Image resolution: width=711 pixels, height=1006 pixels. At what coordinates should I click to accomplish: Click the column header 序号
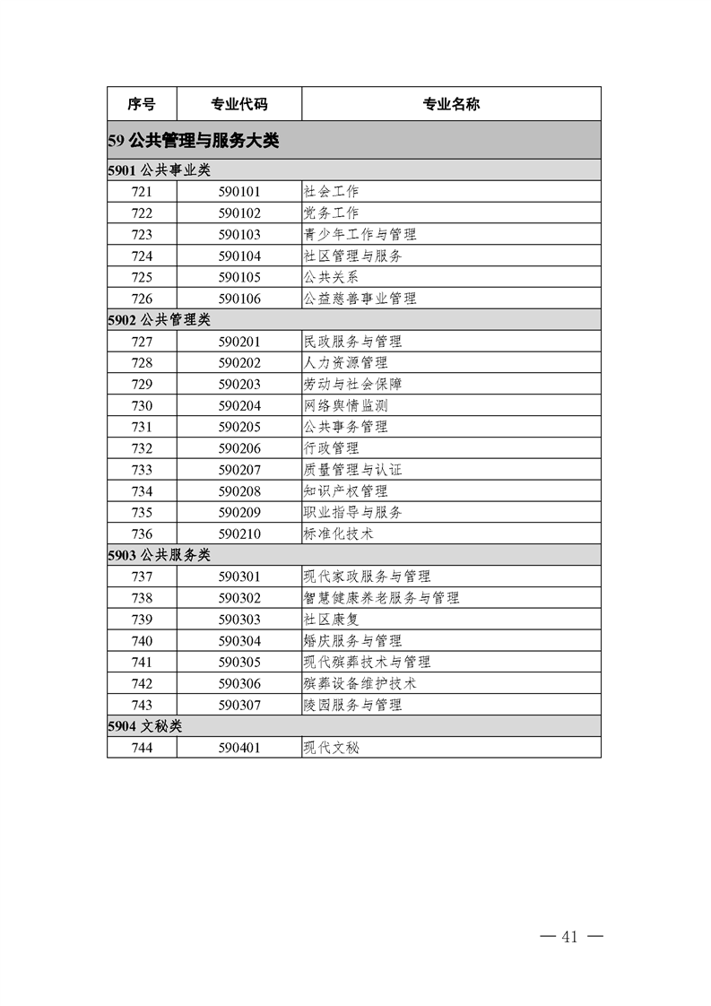coord(142,104)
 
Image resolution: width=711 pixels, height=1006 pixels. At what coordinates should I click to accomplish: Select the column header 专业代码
coord(238,104)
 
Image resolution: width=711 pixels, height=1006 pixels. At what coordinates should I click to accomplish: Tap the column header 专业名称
coord(451,104)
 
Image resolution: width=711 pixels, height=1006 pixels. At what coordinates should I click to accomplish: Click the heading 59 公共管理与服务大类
coord(194,141)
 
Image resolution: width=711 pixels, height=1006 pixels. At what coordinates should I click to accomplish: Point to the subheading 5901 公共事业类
coord(159,170)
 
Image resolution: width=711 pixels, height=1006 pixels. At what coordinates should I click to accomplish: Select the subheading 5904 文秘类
coord(144,726)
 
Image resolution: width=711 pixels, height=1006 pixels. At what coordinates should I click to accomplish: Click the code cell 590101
coord(238,192)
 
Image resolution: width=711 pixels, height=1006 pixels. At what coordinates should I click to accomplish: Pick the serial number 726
coord(142,299)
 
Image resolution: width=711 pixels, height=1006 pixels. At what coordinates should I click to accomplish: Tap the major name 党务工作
coord(332,213)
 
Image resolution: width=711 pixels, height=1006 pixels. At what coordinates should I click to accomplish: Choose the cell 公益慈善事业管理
coord(360,299)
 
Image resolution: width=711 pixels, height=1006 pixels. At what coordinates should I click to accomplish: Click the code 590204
coord(238,405)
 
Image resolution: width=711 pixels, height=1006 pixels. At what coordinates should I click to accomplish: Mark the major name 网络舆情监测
coord(346,405)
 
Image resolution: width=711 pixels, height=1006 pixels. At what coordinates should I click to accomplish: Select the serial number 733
coord(142,470)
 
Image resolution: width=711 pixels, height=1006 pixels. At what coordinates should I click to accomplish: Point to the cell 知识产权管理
coord(346,491)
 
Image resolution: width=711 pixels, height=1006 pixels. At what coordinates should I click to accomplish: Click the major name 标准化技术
coord(339,533)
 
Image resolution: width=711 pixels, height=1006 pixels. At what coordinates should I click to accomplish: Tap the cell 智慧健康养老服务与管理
coord(382,598)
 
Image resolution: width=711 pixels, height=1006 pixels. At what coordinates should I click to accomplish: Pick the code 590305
coord(238,662)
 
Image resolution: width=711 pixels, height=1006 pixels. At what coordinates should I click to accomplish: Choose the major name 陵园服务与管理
coord(353,705)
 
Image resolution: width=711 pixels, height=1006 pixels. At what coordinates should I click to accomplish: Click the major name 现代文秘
coord(332,747)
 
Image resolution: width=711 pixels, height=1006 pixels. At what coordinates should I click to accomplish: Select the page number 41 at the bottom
coord(570,937)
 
